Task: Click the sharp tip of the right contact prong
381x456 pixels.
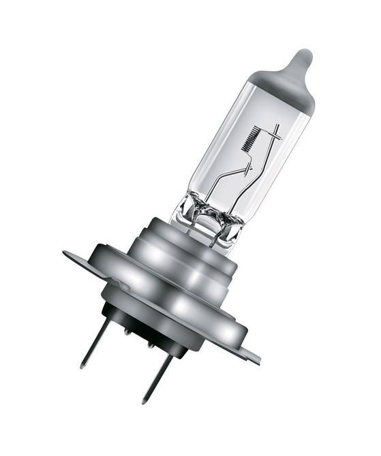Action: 144,402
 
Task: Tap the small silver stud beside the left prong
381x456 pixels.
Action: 127,331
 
